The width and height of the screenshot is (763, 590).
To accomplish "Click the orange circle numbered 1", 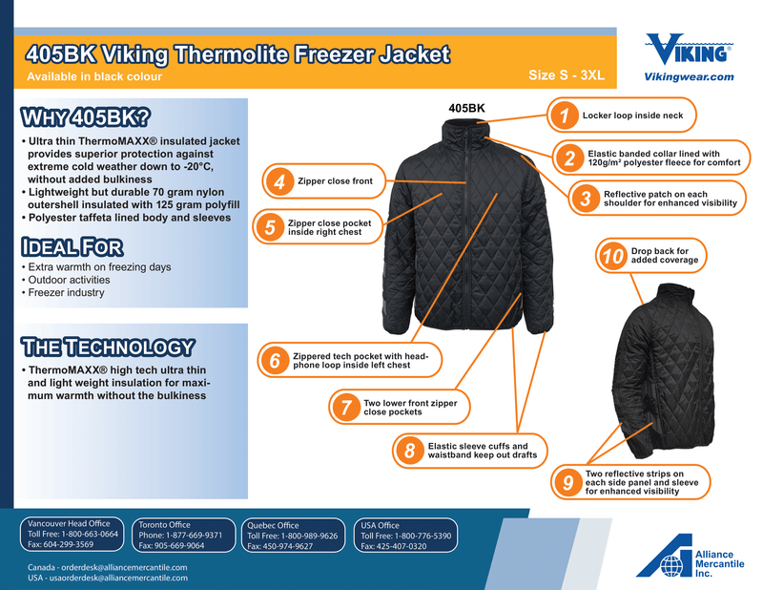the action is pyautogui.click(x=565, y=116).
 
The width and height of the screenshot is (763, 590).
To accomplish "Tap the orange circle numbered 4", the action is pyautogui.click(x=279, y=181).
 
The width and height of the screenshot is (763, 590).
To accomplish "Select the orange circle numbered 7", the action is pyautogui.click(x=345, y=407).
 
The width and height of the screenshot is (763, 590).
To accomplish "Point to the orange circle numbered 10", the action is pyautogui.click(x=612, y=256).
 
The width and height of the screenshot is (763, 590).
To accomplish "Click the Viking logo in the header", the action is pyautogui.click(x=689, y=49).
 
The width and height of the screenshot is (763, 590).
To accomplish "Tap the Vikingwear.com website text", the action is pyautogui.click(x=689, y=77).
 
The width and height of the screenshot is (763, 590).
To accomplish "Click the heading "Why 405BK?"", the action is pyautogui.click(x=86, y=117).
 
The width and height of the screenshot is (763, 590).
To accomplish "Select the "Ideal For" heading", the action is pyautogui.click(x=72, y=247).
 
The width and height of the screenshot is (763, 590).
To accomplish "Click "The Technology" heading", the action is pyautogui.click(x=108, y=348).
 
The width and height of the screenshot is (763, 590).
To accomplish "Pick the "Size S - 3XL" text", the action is pyautogui.click(x=567, y=75).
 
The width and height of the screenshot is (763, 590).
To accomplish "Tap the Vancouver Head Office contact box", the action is pyautogui.click(x=72, y=534).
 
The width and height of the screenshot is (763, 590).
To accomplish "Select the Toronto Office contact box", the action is pyautogui.click(x=183, y=535).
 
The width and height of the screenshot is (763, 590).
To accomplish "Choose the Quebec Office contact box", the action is pyautogui.click(x=294, y=536).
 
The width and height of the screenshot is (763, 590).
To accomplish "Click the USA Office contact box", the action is pyautogui.click(x=405, y=536).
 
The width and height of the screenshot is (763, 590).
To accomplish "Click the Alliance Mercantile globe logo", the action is pyautogui.click(x=671, y=565).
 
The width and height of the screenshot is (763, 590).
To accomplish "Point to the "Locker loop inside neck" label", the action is pyautogui.click(x=632, y=116).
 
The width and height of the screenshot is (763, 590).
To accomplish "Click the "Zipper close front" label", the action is pyautogui.click(x=335, y=181).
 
